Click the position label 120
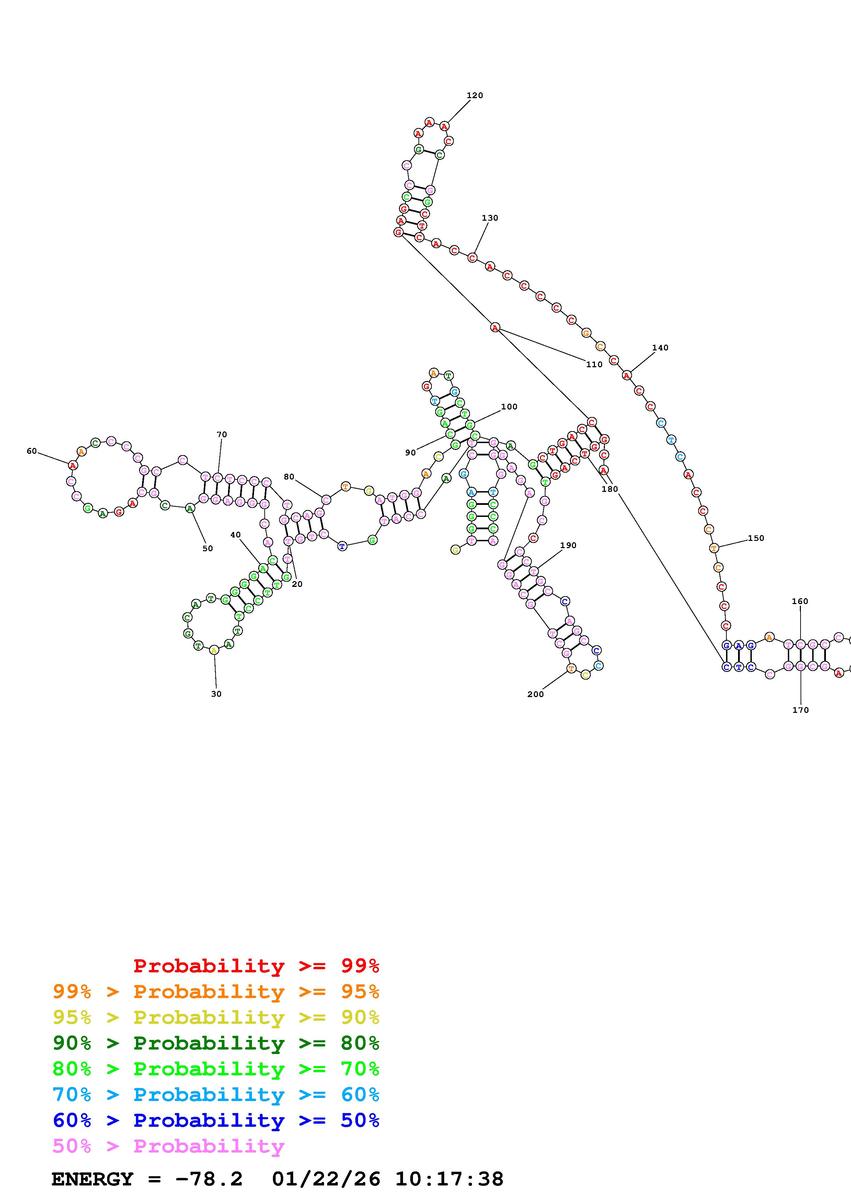point(474,95)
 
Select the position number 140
point(660,348)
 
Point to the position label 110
point(594,364)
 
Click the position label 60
point(32,451)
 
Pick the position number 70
point(222,434)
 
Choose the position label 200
point(535,694)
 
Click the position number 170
point(801,710)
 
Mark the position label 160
point(800,601)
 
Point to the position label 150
point(756,538)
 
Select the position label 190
point(568,545)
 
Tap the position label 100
point(509,406)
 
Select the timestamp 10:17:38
point(449,1179)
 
